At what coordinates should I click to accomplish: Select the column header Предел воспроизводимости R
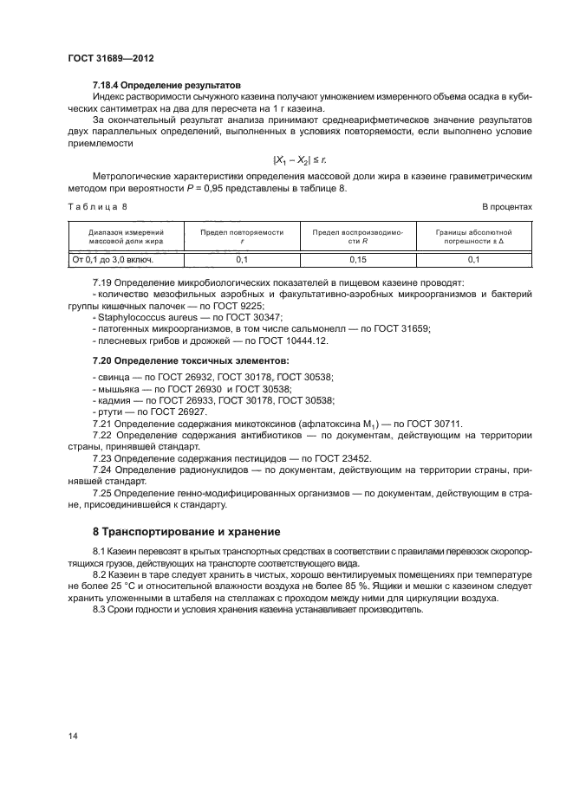tap(353, 237)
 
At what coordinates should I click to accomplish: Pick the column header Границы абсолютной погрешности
tap(472, 237)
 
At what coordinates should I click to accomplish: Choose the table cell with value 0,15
tap(353, 259)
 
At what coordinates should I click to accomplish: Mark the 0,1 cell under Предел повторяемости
tap(242, 259)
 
